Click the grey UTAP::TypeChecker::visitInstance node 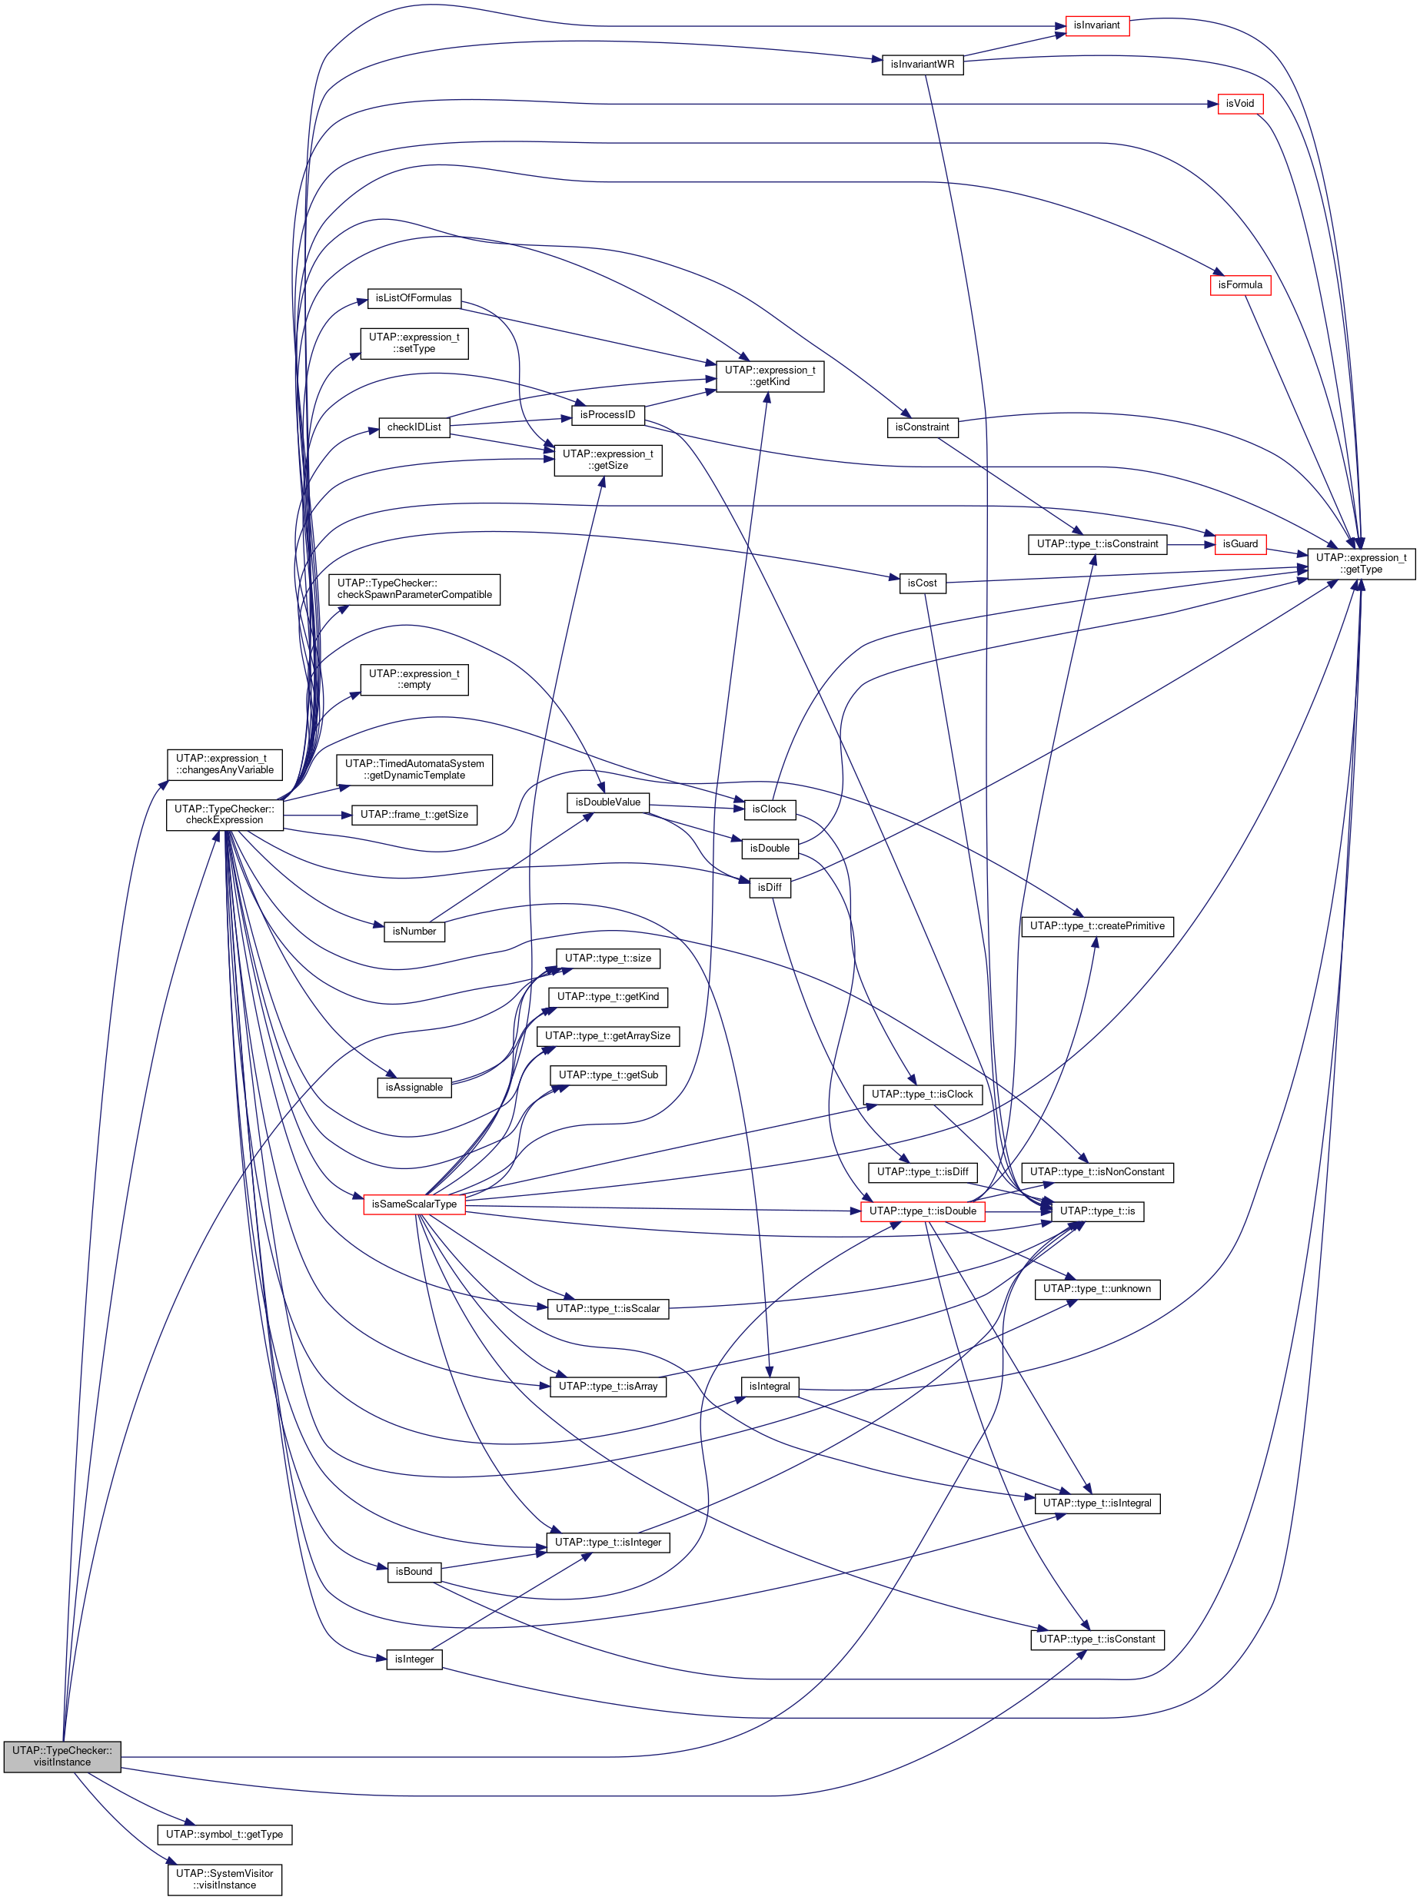(62, 1756)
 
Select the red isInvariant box (1096, 26)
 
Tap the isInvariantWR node (922, 65)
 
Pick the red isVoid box (1239, 104)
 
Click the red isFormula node (1239, 285)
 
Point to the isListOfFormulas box (413, 298)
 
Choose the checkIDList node (414, 427)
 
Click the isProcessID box (607, 415)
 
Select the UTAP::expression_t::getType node (1361, 563)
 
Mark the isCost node (922, 583)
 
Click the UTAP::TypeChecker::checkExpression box (224, 814)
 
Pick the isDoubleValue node (607, 802)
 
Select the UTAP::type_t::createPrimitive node (1097, 926)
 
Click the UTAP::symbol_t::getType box (224, 1834)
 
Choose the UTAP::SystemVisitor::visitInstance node (224, 1878)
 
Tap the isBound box (413, 1571)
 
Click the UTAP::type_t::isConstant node (1097, 1639)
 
